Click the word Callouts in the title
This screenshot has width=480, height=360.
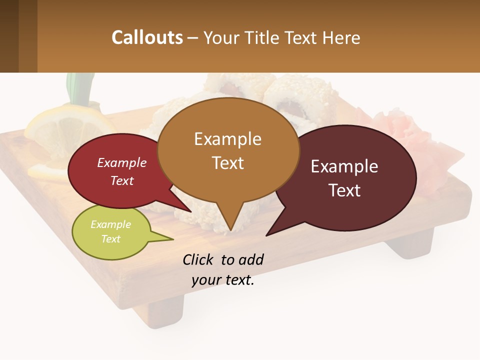147,37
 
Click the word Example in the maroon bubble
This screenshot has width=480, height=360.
344,166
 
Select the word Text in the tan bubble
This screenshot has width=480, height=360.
227,163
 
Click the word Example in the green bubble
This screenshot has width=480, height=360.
110,224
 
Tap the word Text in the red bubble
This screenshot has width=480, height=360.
122,181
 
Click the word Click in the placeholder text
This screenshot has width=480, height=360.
198,260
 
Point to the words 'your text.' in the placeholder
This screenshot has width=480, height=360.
223,280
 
